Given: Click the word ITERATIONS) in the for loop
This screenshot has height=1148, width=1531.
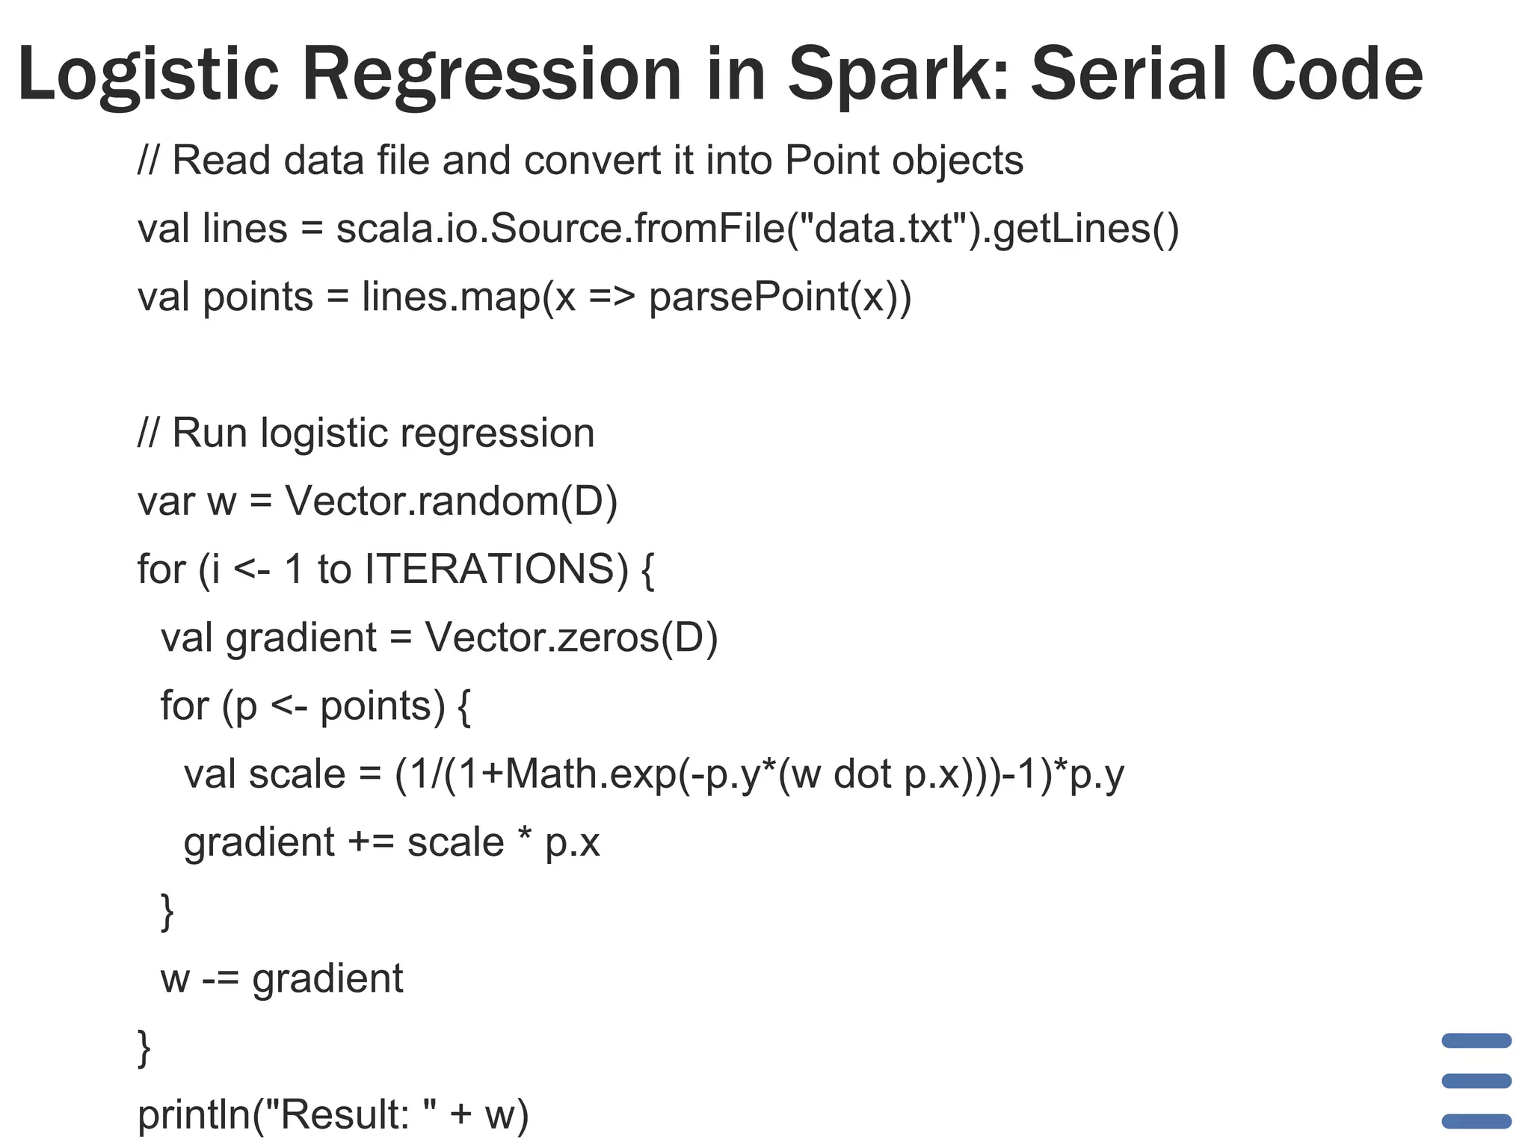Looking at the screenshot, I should coord(496,569).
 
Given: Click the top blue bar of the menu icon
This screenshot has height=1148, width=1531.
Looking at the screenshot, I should coord(1476,1040).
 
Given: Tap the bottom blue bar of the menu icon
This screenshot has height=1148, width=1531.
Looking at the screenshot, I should coord(1476,1121).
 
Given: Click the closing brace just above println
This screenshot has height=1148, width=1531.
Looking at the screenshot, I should coord(144,1048).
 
